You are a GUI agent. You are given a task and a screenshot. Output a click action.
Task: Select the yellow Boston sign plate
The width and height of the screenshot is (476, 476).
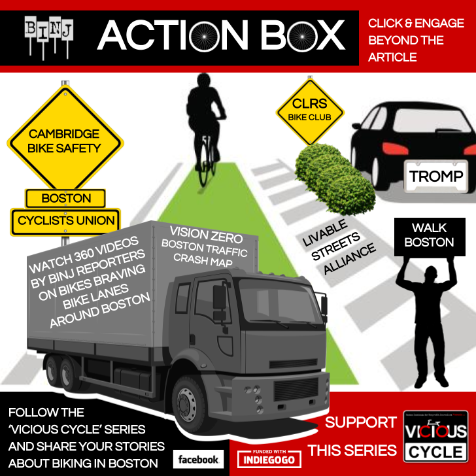click(65, 198)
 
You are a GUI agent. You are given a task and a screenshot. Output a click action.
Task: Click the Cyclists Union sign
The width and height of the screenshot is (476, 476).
click(66, 221)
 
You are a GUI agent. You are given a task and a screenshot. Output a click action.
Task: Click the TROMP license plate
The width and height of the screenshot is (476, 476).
click(436, 176)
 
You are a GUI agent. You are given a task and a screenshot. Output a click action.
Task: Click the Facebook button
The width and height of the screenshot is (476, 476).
click(198, 459)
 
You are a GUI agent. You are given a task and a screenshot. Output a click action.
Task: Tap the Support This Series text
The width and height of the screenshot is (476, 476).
click(361, 436)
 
